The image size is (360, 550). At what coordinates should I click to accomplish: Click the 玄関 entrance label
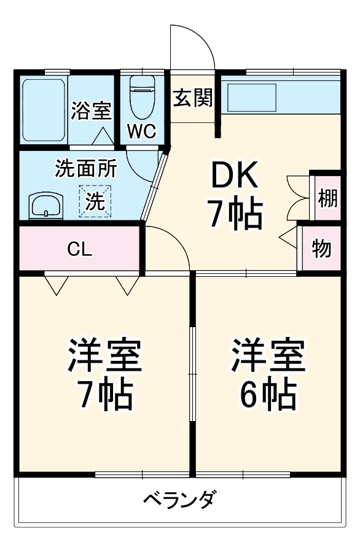tap(192, 98)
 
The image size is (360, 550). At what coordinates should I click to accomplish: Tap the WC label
tap(141, 130)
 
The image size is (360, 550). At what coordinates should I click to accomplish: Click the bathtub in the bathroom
tap(43, 109)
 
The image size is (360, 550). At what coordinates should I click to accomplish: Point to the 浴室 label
tap(91, 110)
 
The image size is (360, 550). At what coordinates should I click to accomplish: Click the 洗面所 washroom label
tap(85, 168)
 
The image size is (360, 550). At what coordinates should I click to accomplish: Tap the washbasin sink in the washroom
tap(46, 205)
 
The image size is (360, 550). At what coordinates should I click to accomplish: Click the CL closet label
tap(80, 249)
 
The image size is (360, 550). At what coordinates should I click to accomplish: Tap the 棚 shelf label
tap(327, 198)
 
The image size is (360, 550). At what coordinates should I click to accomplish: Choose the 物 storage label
tap(321, 249)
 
